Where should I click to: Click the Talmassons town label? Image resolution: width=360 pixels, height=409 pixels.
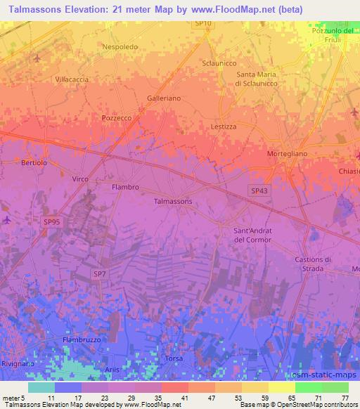pyautogui.click(x=173, y=201)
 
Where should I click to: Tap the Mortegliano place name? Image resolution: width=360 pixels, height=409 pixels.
pyautogui.click(x=288, y=153)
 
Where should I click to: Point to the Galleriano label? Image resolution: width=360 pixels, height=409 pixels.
pyautogui.click(x=164, y=98)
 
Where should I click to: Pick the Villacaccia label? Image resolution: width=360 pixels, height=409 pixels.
pyautogui.click(x=72, y=79)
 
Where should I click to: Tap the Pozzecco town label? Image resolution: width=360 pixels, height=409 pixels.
pyautogui.click(x=117, y=118)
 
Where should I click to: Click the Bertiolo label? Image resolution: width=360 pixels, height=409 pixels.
pyautogui.click(x=34, y=162)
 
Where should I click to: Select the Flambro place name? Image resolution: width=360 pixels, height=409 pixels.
pyautogui.click(x=126, y=187)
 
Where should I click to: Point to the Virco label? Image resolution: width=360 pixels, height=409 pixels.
pyautogui.click(x=80, y=179)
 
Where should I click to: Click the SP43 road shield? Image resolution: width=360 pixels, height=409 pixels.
pyautogui.click(x=259, y=190)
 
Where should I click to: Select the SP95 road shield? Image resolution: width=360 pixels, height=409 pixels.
pyautogui.click(x=51, y=222)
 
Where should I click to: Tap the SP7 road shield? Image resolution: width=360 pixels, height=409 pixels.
pyautogui.click(x=99, y=273)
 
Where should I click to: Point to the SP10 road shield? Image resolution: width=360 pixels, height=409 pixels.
pyautogui.click(x=202, y=23)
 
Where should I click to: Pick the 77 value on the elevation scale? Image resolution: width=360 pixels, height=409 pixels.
pyautogui.click(x=345, y=398)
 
